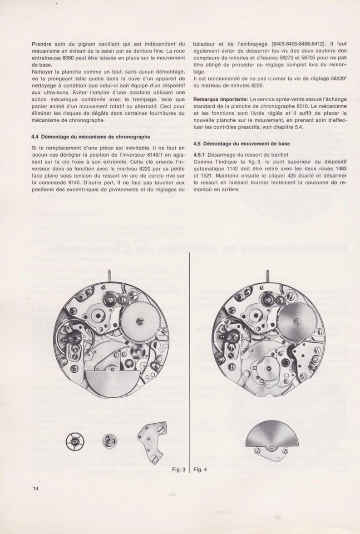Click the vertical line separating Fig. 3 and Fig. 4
click(x=189, y=363)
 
